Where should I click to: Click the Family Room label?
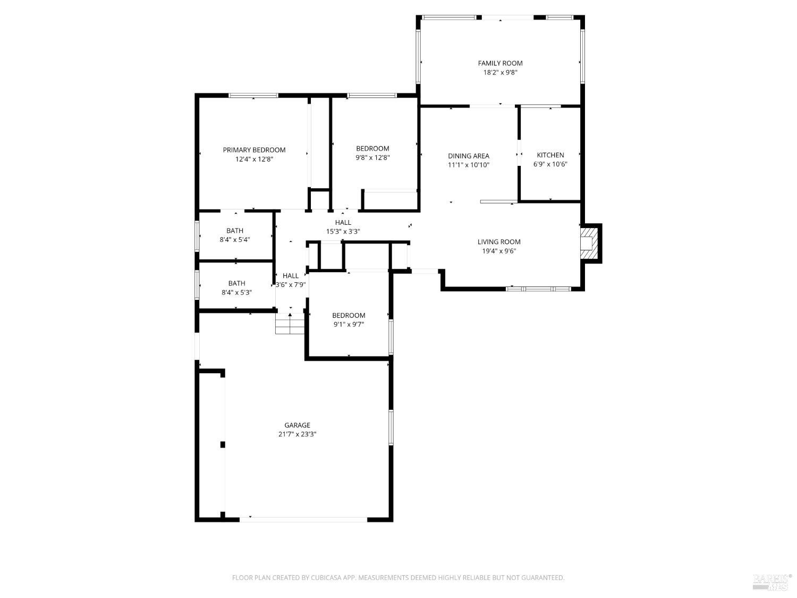click(x=500, y=63)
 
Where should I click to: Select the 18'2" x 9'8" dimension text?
click(x=500, y=72)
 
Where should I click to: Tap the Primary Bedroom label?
click(x=254, y=150)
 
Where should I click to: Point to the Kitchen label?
click(x=550, y=155)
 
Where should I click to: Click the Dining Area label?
click(x=468, y=156)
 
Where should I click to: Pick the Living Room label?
click(x=499, y=242)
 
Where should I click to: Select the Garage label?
click(x=297, y=425)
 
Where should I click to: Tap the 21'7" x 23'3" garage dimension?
click(x=297, y=434)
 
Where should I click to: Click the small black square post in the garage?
click(x=223, y=444)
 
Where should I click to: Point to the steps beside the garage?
click(x=290, y=324)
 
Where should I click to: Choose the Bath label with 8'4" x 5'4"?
click(x=235, y=231)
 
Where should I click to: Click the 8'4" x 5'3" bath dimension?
click(x=236, y=292)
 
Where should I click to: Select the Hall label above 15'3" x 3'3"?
click(x=343, y=222)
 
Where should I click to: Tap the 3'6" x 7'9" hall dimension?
click(x=291, y=284)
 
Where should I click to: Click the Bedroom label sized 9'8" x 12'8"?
click(x=372, y=148)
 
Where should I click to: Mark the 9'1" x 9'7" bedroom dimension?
click(x=349, y=324)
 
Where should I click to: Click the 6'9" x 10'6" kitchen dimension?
click(x=550, y=164)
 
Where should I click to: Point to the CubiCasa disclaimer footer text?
click(x=398, y=578)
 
